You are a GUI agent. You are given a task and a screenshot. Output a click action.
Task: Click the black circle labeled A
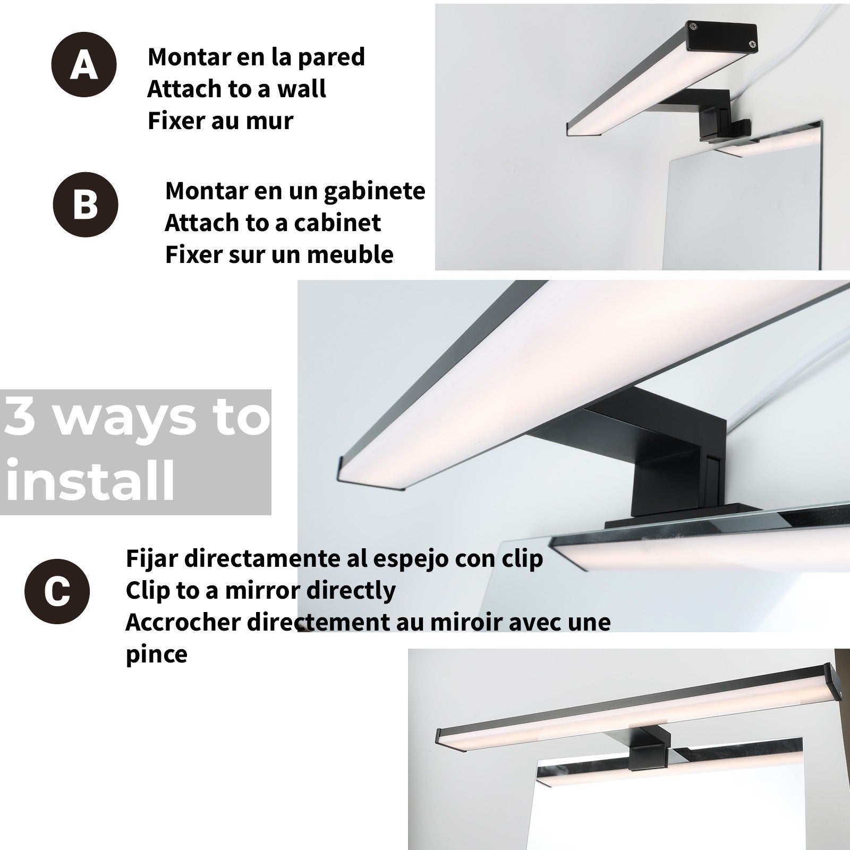pos(84,65)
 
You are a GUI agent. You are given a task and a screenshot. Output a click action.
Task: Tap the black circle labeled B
pos(86,204)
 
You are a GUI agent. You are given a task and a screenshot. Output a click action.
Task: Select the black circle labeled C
pos(57,591)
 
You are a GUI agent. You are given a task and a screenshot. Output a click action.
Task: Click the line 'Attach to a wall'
pos(236,89)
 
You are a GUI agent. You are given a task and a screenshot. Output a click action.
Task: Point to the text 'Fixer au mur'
pos(220,121)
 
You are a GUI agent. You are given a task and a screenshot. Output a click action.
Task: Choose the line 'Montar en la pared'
pos(256,57)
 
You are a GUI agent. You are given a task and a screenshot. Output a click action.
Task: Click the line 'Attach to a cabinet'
pos(273,223)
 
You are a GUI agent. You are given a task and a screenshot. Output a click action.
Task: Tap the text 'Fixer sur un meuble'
pos(279,254)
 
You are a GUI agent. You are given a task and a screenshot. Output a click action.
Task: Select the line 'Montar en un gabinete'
pos(295,191)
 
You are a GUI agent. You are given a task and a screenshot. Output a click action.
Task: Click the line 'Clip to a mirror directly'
pos(260,590)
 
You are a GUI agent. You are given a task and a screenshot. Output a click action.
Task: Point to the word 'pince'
pos(156,654)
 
